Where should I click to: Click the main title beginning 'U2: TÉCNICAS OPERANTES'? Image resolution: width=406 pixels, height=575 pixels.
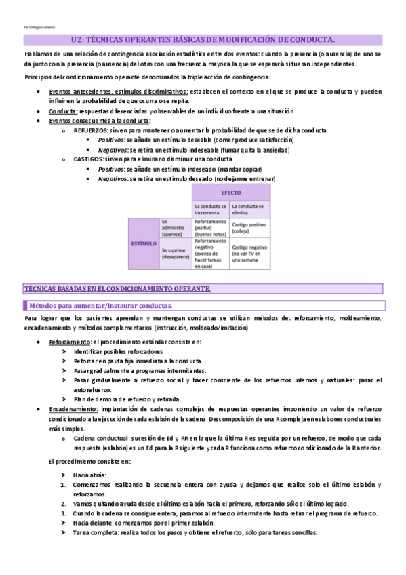(203, 41)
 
